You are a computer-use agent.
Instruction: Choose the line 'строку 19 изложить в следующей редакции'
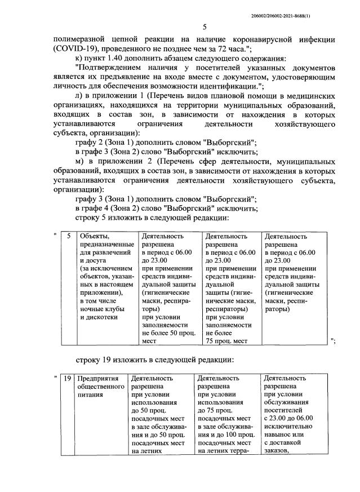tap(153, 360)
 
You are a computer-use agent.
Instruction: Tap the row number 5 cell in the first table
tap(69, 237)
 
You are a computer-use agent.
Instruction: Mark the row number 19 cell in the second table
tap(66, 379)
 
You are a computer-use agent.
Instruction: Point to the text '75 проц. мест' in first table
tap(226, 341)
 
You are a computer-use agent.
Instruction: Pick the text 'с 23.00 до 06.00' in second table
tap(287, 418)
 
